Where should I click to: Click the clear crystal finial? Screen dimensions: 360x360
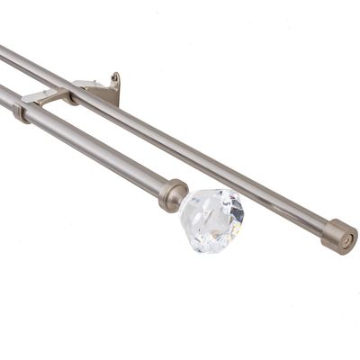211,219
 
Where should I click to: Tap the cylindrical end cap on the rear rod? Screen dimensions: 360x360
339,236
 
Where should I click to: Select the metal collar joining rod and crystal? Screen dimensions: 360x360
174,194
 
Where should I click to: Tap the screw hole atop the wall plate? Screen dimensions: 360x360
114,77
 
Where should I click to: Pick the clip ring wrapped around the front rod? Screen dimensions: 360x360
21,111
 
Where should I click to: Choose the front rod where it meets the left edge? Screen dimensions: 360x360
3,97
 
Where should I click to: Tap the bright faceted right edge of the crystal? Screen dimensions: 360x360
239,216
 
